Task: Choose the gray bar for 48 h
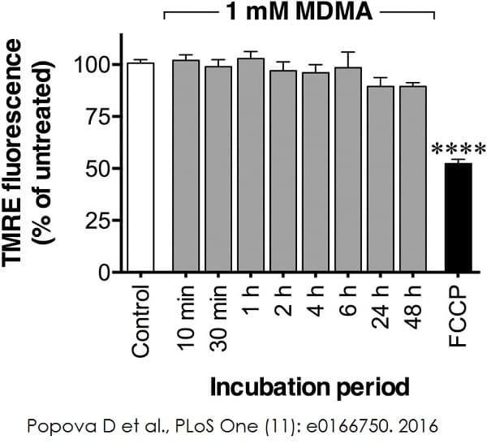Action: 413,179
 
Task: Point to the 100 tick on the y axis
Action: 93,64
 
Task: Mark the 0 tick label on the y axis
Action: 105,273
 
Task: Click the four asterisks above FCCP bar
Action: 459,149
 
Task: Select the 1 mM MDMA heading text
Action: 299,13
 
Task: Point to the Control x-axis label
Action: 141,321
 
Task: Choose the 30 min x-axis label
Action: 218,321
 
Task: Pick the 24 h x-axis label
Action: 381,308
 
